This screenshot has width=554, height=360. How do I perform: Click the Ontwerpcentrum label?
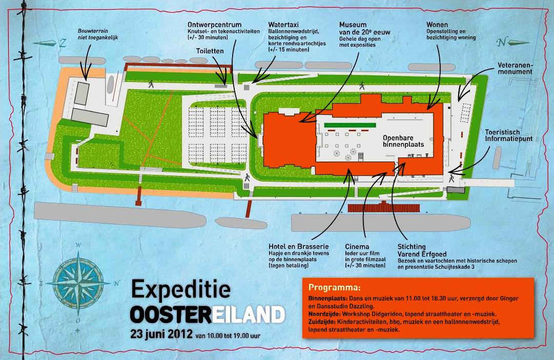tap(214, 24)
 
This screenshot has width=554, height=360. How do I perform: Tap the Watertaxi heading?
tap(283, 24)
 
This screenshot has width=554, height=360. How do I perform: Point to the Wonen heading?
tap(437, 24)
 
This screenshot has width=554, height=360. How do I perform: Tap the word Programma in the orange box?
tap(334, 287)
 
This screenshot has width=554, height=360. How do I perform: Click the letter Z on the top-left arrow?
tap(63, 44)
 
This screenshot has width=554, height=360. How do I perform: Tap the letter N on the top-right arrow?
tap(504, 42)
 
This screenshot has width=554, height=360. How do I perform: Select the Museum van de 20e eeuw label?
tap(364, 32)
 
